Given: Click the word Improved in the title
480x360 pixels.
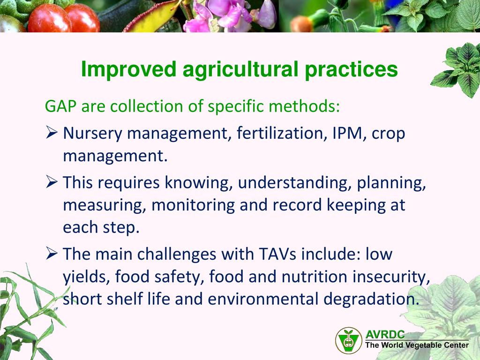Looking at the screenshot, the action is point(129,69).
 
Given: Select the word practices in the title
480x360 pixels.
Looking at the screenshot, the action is point(351,70).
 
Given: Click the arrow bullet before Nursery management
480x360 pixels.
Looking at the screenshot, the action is point(52,132).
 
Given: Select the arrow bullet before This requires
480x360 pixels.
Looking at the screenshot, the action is point(52,181).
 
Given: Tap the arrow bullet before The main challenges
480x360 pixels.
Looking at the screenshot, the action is point(52,254).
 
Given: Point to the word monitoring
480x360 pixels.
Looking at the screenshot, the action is point(193,205).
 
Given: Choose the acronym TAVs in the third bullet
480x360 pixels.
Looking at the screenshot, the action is point(277,254).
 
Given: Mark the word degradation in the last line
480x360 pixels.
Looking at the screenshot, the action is point(371,299).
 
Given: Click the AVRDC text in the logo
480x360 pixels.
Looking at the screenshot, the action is point(385,334).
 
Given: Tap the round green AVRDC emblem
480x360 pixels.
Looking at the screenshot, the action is point(348,340).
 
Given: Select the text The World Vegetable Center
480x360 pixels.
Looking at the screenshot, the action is point(417,345).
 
